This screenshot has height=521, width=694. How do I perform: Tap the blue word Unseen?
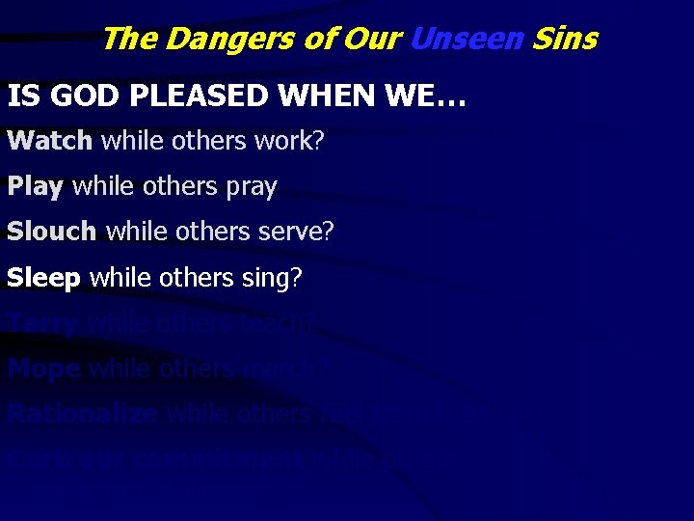pos(467,40)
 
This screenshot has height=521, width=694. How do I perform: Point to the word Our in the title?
pos(372,40)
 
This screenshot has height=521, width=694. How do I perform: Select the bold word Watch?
pos(50,141)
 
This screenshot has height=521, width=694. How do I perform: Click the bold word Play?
pos(35,186)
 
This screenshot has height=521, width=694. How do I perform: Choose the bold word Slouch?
pos(52,232)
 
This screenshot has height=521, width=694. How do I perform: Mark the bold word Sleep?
pos(43,278)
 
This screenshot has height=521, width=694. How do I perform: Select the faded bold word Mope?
pos(44,368)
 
